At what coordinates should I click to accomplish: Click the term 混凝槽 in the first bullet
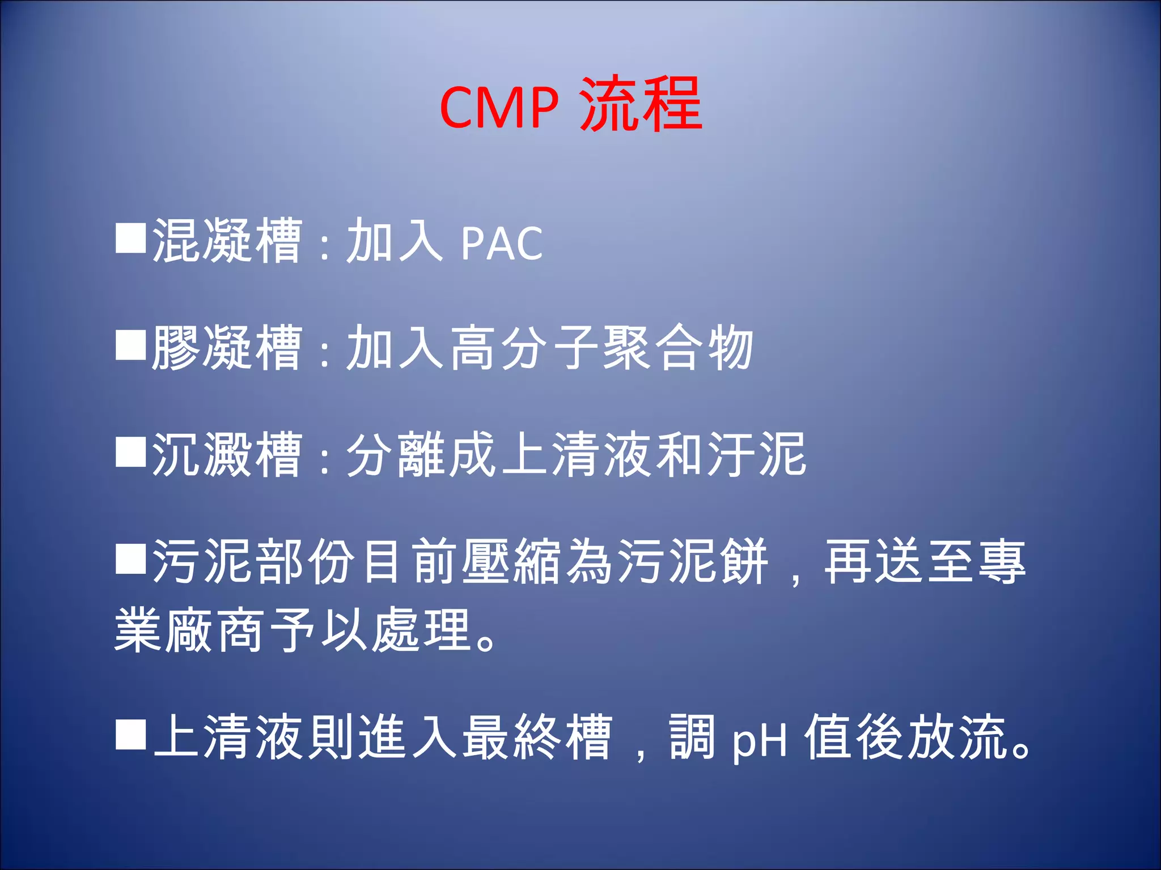[x=227, y=241]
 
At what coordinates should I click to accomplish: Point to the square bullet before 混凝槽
[x=131, y=237]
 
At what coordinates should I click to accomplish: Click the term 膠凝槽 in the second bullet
[x=227, y=348]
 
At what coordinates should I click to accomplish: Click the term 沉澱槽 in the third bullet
[x=227, y=454]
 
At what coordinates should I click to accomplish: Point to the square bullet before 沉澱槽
[x=131, y=451]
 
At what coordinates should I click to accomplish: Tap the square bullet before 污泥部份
[x=131, y=558]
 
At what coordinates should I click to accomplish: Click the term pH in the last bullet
[x=760, y=739]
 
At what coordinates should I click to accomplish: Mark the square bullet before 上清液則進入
[x=131, y=734]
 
